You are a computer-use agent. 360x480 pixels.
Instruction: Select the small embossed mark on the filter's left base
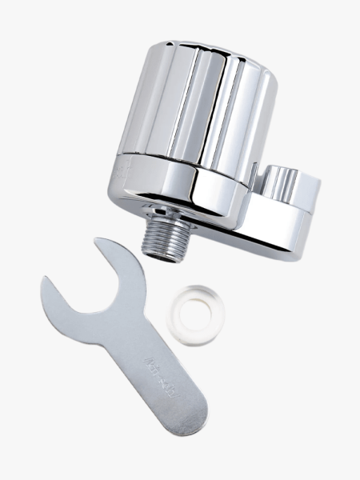pos(122,167)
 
